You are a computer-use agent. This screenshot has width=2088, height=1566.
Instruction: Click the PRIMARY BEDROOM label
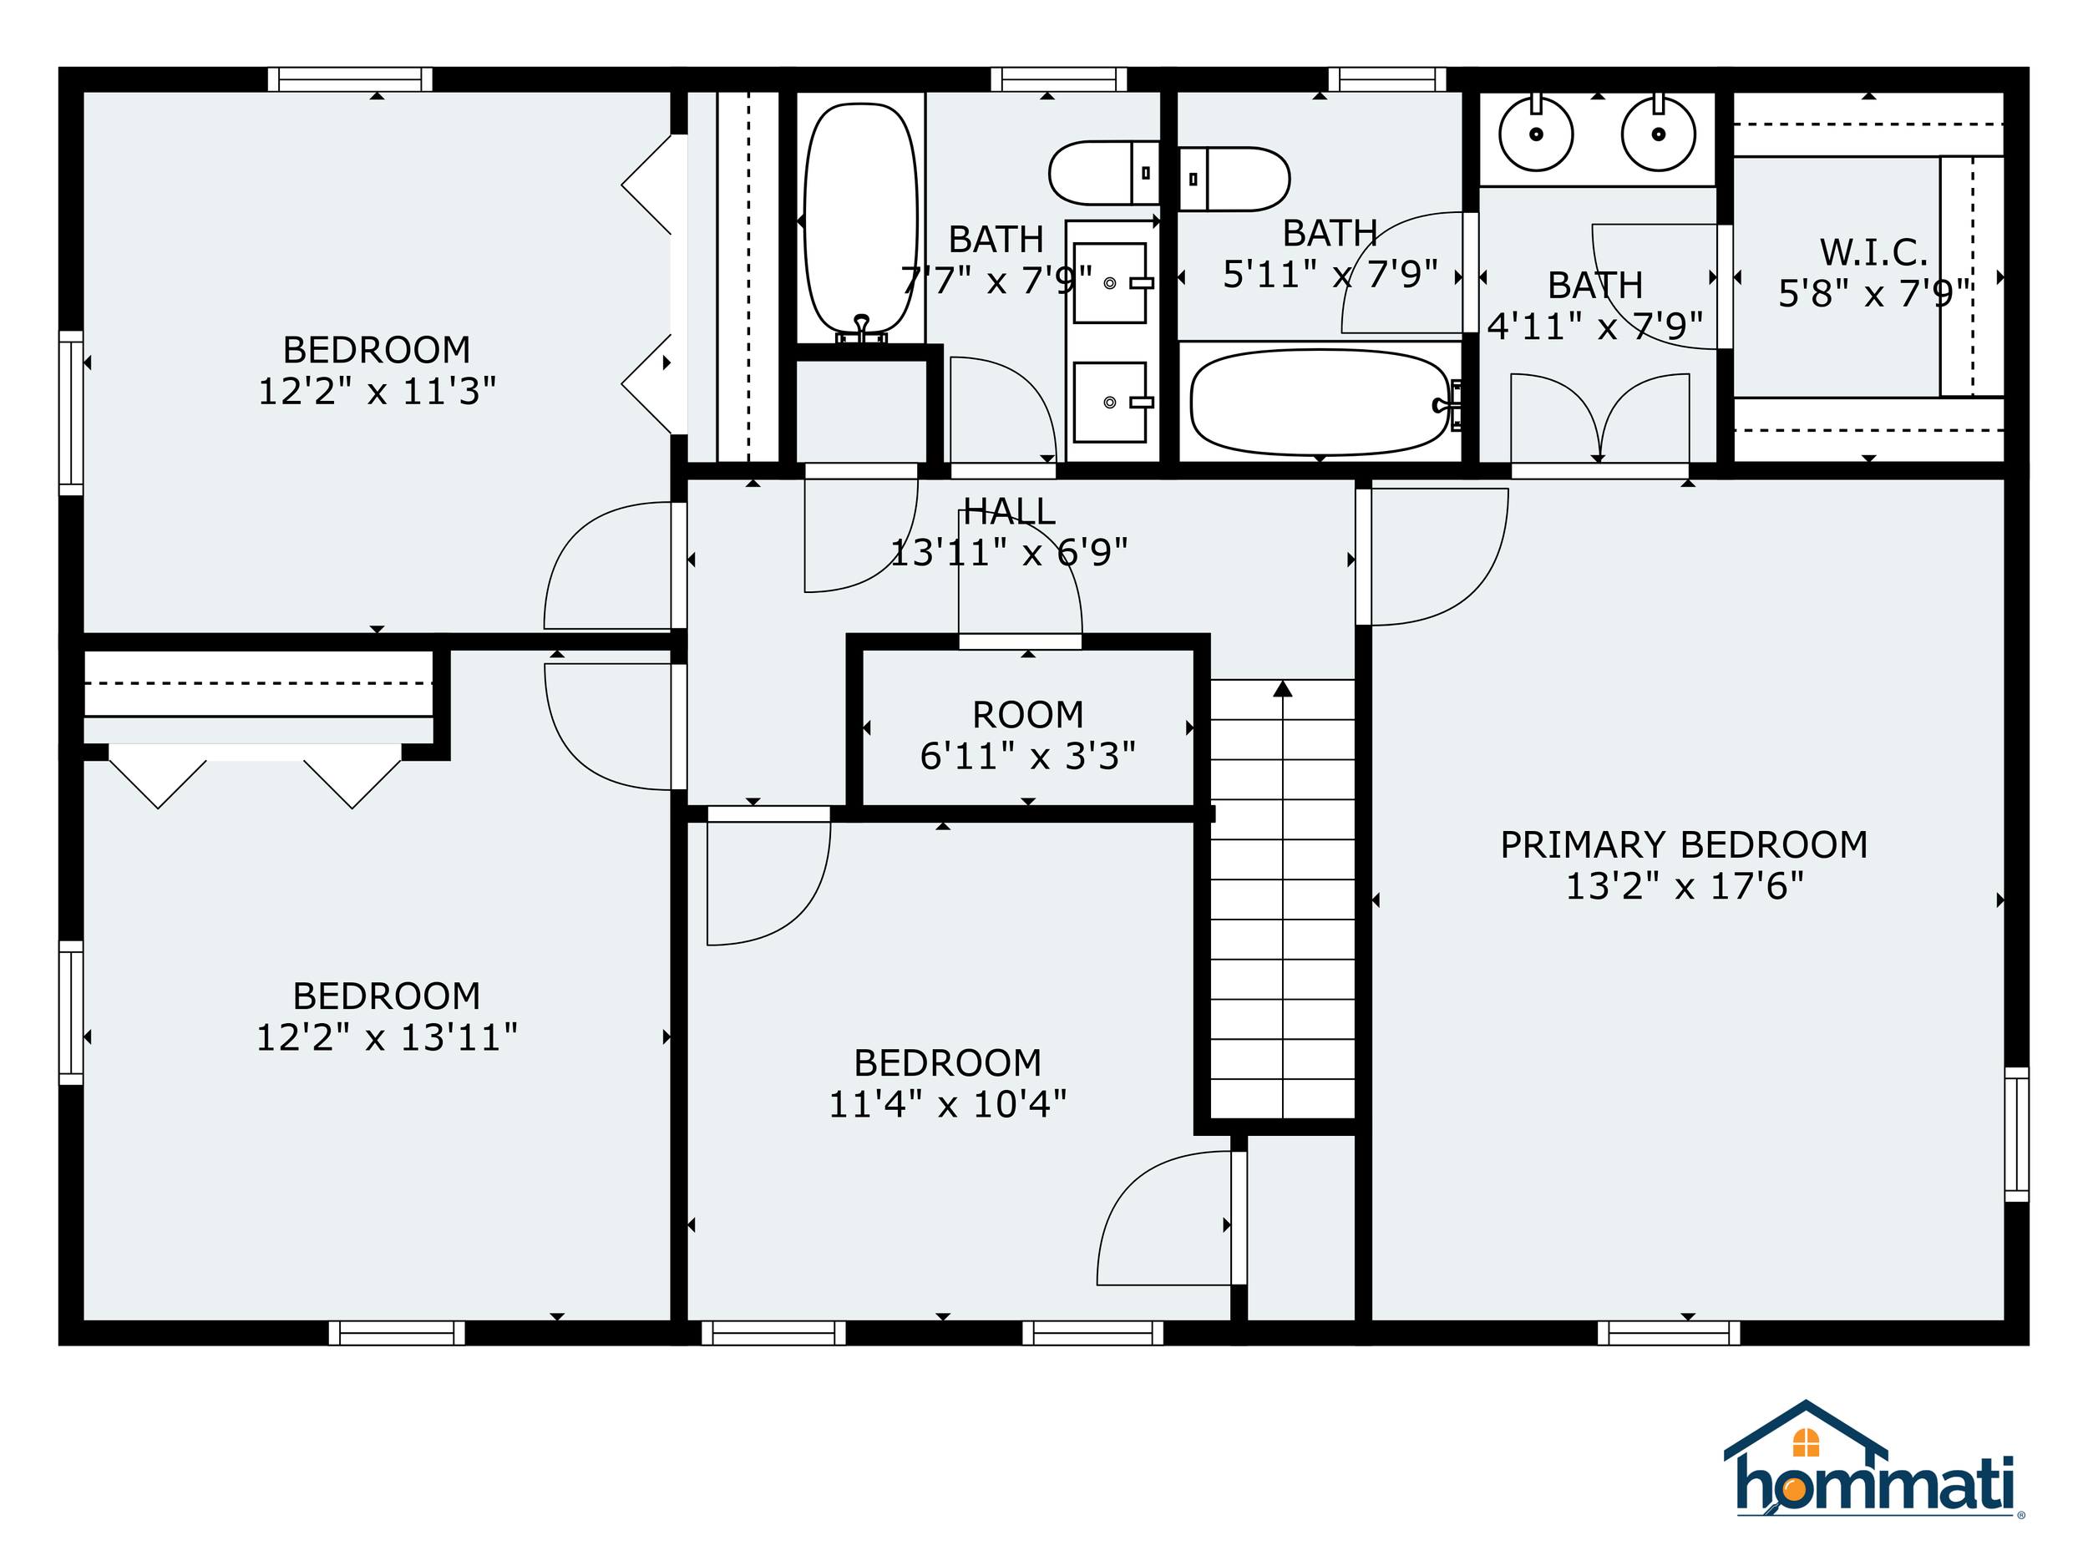(1684, 845)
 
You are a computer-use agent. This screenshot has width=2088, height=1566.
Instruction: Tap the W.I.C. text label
(1873, 252)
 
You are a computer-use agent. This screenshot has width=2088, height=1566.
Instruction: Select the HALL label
(1009, 512)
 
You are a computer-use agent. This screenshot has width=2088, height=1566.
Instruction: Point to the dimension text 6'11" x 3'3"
(1028, 756)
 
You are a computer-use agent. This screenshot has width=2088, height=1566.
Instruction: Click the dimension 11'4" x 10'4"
(948, 1104)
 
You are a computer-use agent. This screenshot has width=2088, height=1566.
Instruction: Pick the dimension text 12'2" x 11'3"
(377, 391)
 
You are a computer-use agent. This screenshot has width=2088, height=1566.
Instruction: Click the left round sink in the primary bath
(1536, 134)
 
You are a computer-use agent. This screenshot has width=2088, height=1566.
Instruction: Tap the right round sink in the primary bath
(1659, 134)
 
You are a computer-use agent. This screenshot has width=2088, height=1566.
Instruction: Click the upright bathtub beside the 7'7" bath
(861, 220)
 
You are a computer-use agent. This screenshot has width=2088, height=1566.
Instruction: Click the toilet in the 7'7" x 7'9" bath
(1104, 173)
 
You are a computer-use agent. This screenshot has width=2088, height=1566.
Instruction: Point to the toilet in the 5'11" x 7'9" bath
(1234, 179)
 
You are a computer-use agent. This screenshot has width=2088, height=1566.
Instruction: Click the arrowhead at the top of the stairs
(1282, 689)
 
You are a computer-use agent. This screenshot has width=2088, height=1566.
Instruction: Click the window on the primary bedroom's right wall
(2016, 1133)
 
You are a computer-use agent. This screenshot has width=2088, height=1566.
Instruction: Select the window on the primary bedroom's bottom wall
(1669, 1332)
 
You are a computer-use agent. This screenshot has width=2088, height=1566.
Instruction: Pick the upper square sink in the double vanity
(1110, 283)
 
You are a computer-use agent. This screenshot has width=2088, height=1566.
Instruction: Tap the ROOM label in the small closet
(1028, 715)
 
